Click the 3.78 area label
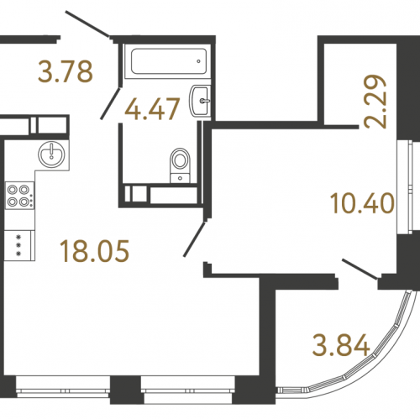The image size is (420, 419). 66,71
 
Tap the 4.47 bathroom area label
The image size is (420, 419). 152,109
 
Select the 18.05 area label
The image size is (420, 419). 95,251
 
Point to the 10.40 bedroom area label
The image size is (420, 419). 363,203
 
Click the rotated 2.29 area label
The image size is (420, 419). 375,102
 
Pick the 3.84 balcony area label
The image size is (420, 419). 341,346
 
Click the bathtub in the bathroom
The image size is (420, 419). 169,61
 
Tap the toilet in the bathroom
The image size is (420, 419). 180,165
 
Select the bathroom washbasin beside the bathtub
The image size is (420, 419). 200,101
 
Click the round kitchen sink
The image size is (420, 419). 51,155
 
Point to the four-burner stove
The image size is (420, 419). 19,196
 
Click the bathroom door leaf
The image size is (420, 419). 111,103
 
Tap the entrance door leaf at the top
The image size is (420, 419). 87,24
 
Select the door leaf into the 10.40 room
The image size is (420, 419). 195,238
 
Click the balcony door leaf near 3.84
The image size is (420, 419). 360,269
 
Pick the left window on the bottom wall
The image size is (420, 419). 63,390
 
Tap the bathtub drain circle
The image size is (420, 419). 198,61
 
